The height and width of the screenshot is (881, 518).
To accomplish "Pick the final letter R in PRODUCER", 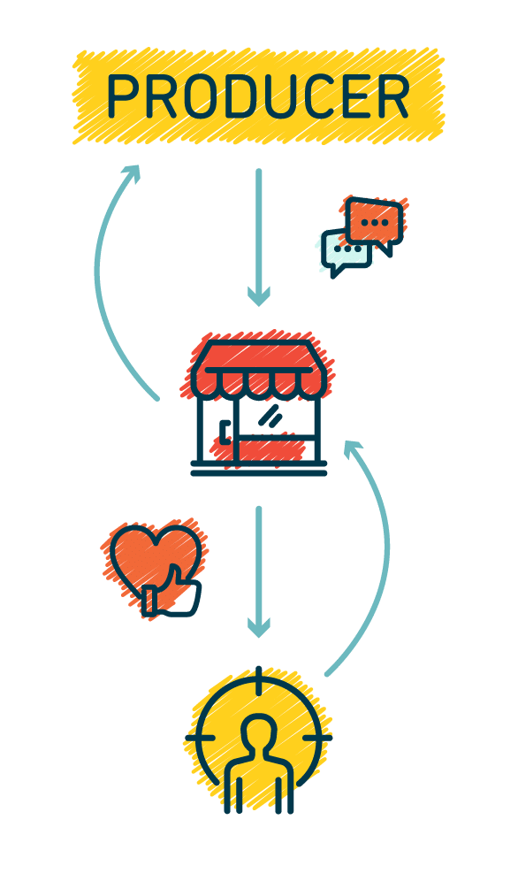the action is [x=392, y=96].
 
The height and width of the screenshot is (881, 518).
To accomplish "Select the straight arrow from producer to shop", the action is [x=259, y=237].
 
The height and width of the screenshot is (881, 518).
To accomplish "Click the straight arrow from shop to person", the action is [x=259, y=572].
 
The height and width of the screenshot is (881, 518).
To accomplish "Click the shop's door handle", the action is [x=224, y=432].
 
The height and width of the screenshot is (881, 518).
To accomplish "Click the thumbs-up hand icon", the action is [x=171, y=593].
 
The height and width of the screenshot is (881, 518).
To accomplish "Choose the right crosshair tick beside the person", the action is [x=317, y=737].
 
